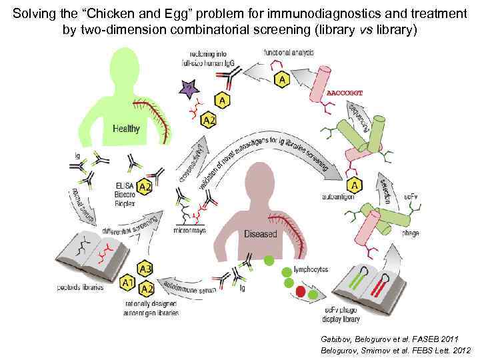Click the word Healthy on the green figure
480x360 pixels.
126,128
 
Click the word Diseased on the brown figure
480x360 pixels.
260,235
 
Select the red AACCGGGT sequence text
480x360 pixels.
345,93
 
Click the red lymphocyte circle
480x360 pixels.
301,292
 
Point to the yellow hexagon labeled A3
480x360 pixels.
145,269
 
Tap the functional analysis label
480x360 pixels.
285,52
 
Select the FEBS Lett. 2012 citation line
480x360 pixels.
395,350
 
